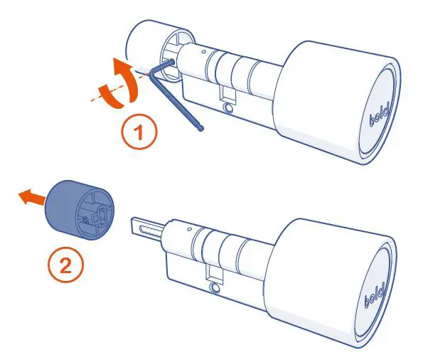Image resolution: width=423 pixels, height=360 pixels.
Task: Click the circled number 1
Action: tap(139, 134)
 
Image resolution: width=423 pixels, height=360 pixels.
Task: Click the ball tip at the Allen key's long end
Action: tap(203, 129)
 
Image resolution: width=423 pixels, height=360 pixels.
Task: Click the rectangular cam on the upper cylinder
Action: tap(225, 93)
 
